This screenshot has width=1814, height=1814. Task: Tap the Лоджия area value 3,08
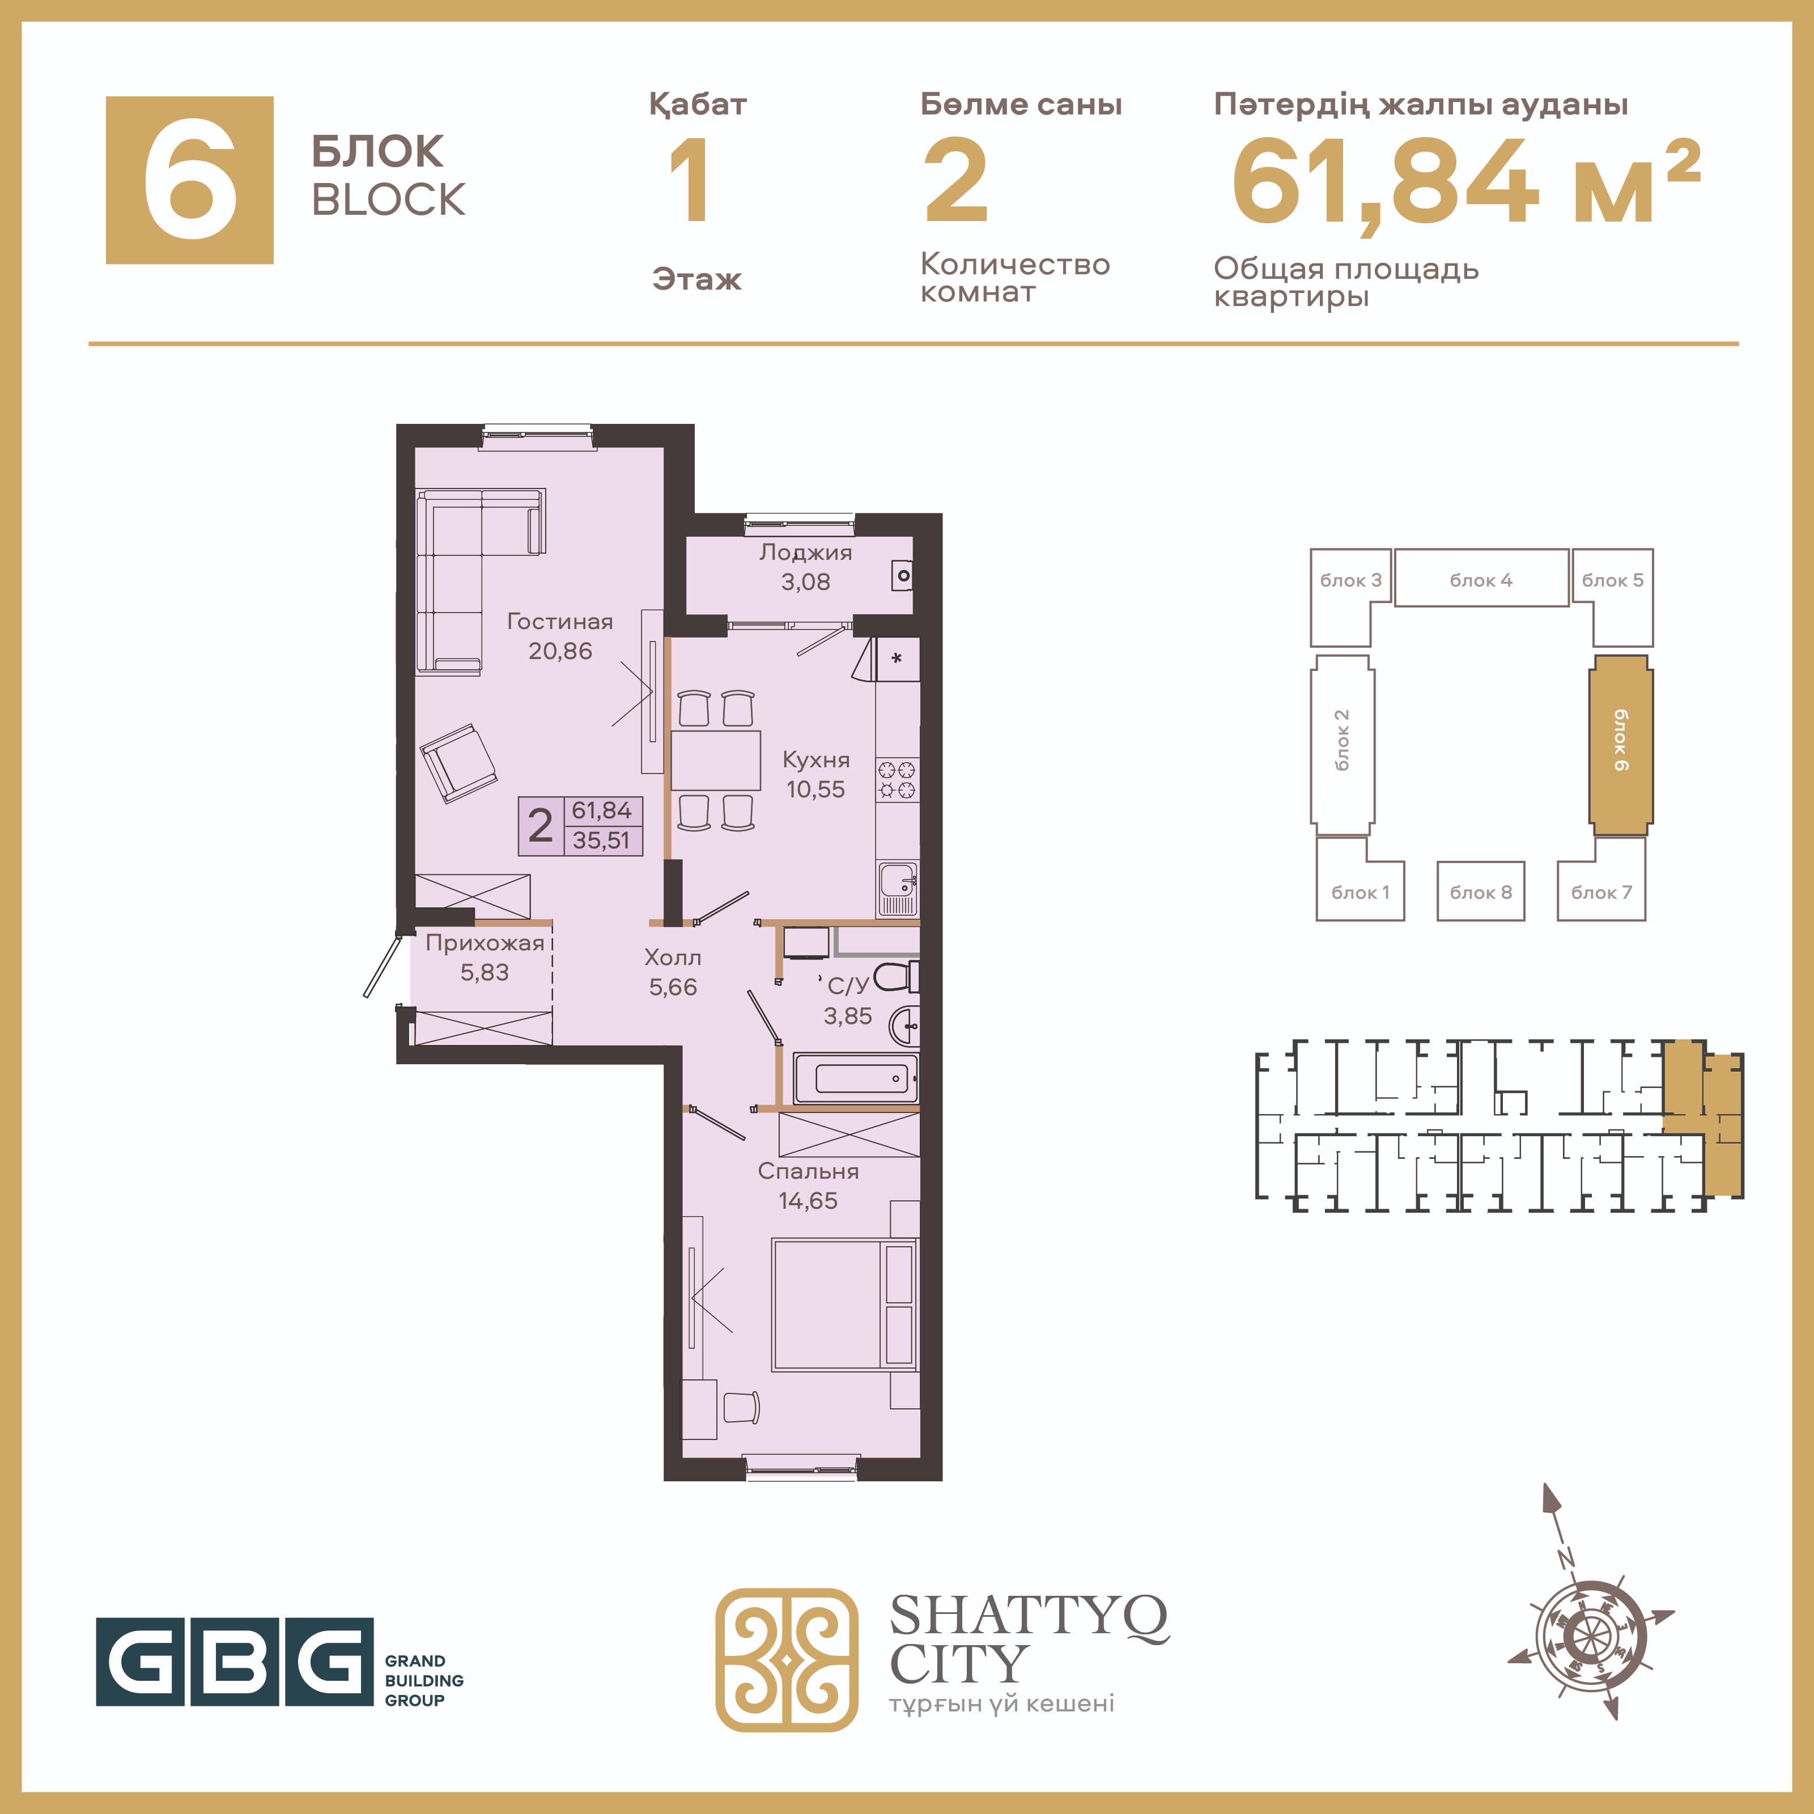806,582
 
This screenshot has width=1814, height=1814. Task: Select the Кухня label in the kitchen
816,759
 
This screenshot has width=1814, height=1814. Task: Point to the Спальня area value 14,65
808,1200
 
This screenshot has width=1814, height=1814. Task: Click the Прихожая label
485,944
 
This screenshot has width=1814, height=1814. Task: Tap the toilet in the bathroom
897,976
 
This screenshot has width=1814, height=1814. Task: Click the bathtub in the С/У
855,1078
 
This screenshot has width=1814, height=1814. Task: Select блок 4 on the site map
1481,579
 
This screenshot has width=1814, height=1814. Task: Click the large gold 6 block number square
190,180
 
